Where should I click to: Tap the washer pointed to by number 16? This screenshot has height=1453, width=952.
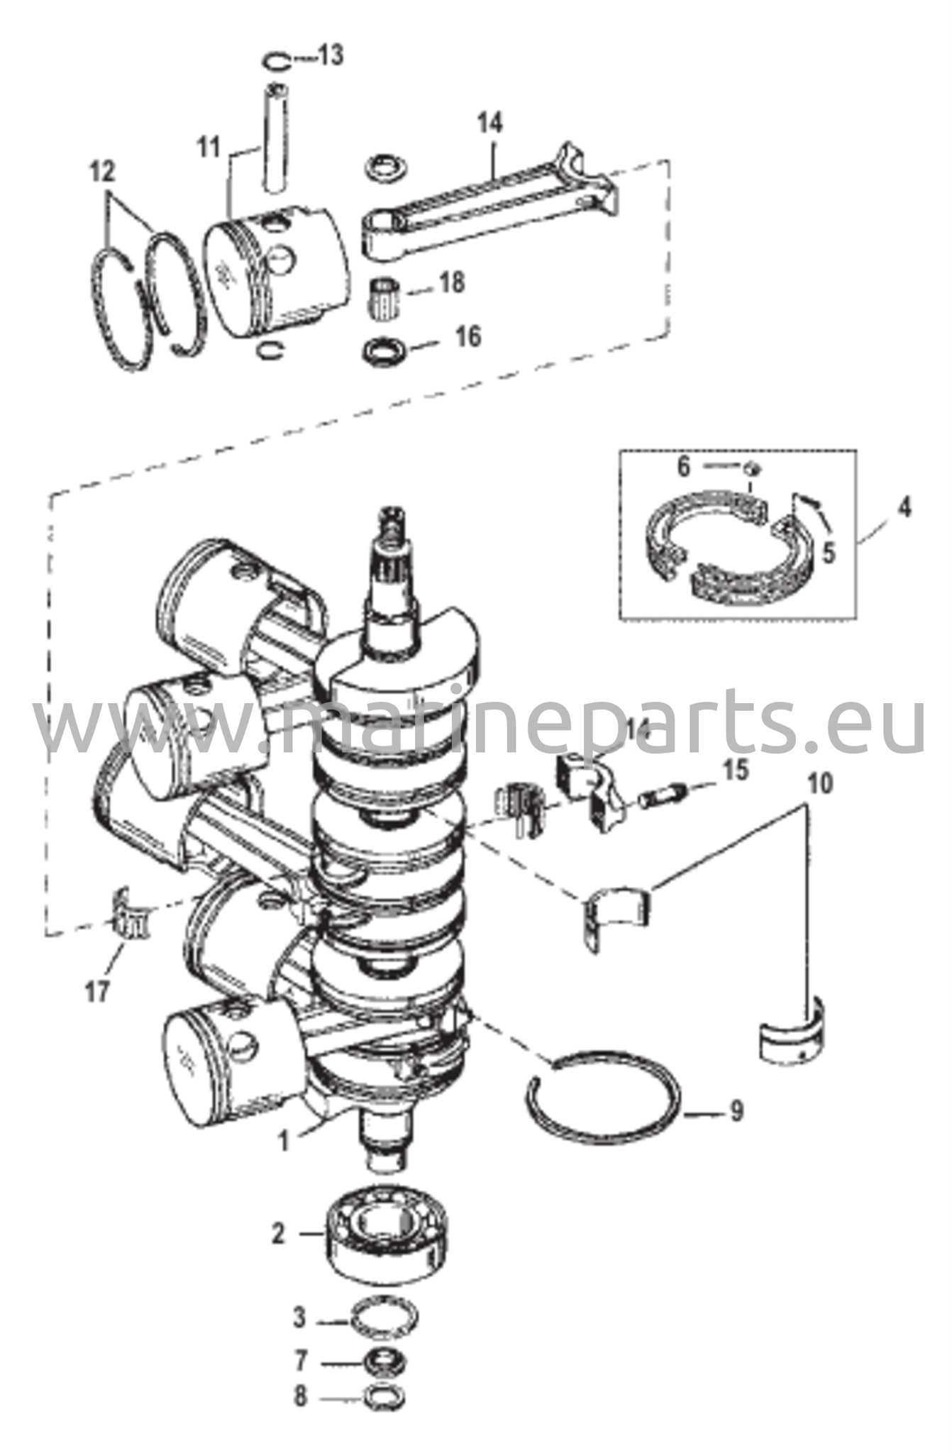tap(386, 353)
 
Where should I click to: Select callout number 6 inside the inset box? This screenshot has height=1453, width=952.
tap(683, 466)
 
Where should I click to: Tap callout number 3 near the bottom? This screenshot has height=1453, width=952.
tap(300, 1318)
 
